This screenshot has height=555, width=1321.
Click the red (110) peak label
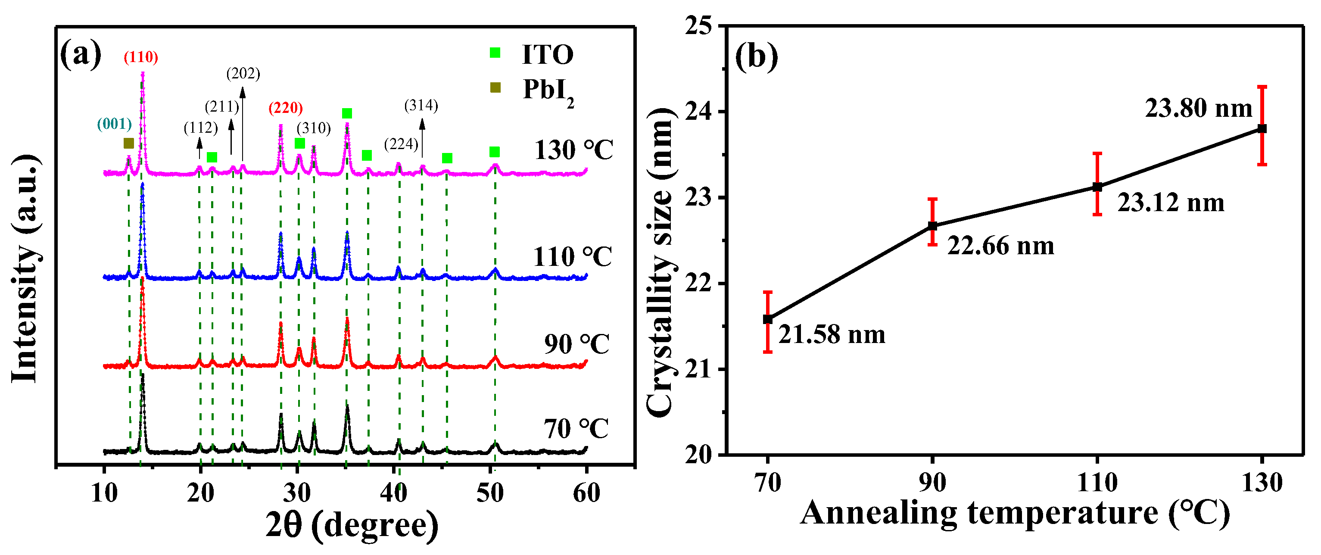[140, 57]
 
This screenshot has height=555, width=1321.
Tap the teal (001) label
[114, 124]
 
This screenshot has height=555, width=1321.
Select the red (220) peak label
[285, 108]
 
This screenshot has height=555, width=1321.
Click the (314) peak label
[421, 106]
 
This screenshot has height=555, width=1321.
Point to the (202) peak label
[243, 74]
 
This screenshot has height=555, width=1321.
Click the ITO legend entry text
[547, 54]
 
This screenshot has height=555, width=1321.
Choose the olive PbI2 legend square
[495, 88]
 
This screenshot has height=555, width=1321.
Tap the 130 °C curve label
[573, 151]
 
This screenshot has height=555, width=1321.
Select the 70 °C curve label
[575, 429]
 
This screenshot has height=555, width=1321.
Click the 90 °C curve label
[576, 344]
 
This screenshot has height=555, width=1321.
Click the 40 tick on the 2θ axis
[393, 493]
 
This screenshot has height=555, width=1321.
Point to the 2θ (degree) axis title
[352, 525]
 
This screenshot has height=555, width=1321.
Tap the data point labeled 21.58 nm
[768, 319]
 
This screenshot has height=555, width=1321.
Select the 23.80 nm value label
[1199, 109]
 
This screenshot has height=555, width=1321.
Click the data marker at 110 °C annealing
[1097, 187]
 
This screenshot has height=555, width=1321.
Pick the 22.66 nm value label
[1000, 246]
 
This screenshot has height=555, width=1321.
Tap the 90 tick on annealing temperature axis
[932, 483]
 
